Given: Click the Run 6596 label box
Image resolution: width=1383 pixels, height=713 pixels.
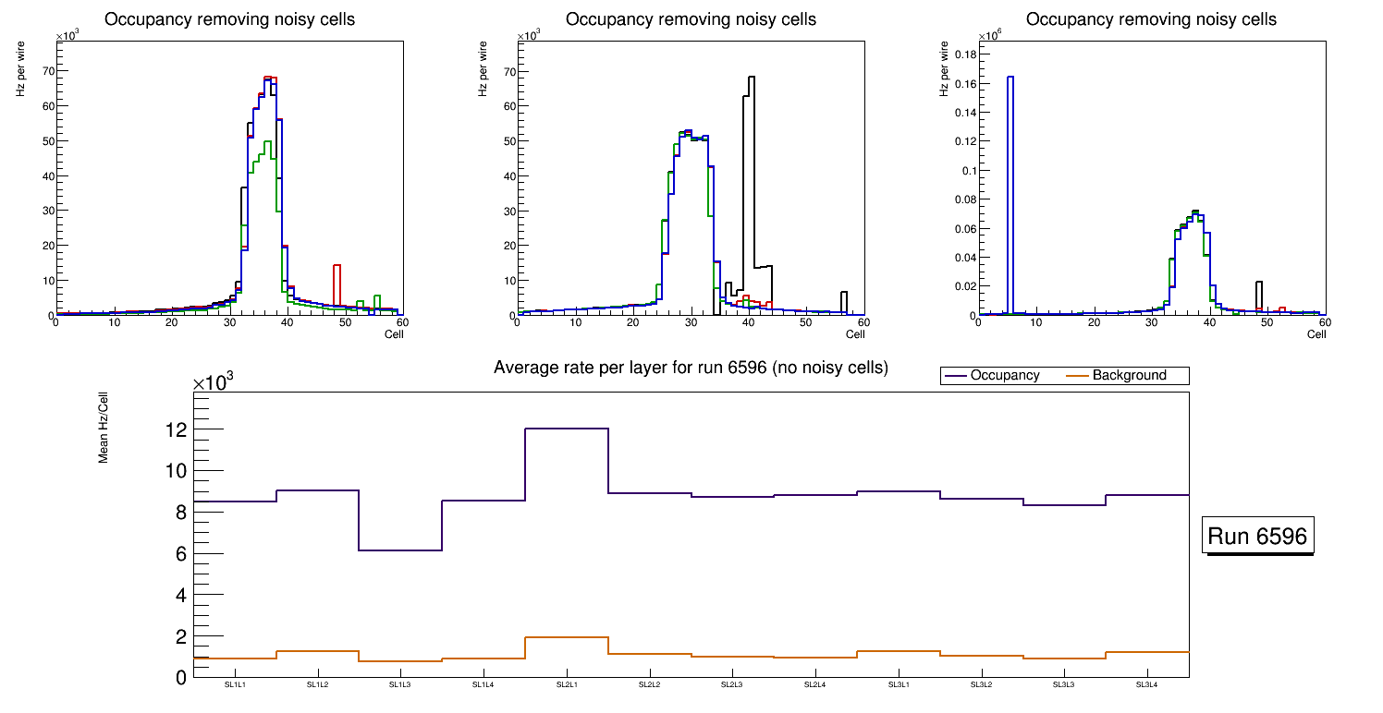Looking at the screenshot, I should [x=1259, y=536].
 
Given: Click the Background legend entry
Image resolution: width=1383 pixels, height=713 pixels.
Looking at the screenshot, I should [x=1129, y=376].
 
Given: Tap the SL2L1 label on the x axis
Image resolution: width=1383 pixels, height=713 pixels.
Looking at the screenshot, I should [x=567, y=685].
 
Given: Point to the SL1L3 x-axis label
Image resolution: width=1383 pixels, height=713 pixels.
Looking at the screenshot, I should [x=400, y=685].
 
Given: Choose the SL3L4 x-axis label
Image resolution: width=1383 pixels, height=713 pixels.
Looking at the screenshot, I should [x=1146, y=685].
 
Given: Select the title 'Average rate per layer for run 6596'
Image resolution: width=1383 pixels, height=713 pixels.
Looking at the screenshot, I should [x=691, y=368].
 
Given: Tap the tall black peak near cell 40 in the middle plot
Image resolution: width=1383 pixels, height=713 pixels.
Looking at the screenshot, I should [x=752, y=166].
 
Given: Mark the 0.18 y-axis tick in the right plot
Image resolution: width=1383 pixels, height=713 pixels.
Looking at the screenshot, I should [x=962, y=54].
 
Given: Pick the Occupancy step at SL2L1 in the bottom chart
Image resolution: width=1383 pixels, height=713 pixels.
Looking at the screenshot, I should [x=567, y=429].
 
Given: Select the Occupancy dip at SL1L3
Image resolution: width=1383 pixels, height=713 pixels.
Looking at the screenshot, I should [x=400, y=550].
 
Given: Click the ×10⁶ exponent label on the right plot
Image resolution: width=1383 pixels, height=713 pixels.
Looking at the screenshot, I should [x=988, y=36].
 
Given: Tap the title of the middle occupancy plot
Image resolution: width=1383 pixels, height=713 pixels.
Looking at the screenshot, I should [x=691, y=19].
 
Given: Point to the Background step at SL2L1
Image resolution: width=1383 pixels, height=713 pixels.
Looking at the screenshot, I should [x=567, y=637].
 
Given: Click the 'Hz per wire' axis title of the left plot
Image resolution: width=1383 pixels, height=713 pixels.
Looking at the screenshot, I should [x=21, y=71].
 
